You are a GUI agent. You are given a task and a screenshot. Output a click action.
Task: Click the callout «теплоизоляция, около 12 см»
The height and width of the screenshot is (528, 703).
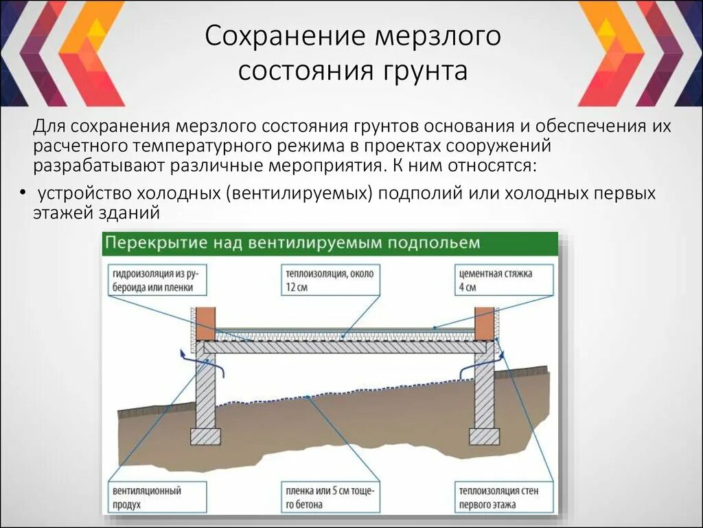tap(330, 280)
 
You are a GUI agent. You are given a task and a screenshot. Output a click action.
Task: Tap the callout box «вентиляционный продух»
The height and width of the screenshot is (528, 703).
tap(156, 498)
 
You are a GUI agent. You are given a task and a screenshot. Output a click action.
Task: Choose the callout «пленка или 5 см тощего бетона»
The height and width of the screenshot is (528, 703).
tap(330, 498)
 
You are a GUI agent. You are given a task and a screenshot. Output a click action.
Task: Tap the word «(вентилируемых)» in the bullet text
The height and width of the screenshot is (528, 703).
tap(297, 194)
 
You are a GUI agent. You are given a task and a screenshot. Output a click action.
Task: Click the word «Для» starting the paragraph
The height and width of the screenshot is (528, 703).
tap(49, 127)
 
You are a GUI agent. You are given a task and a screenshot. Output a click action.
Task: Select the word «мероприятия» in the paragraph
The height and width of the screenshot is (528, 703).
tap(330, 166)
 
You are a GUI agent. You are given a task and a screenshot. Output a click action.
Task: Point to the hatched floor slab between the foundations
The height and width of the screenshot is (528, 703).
tap(343, 348)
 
